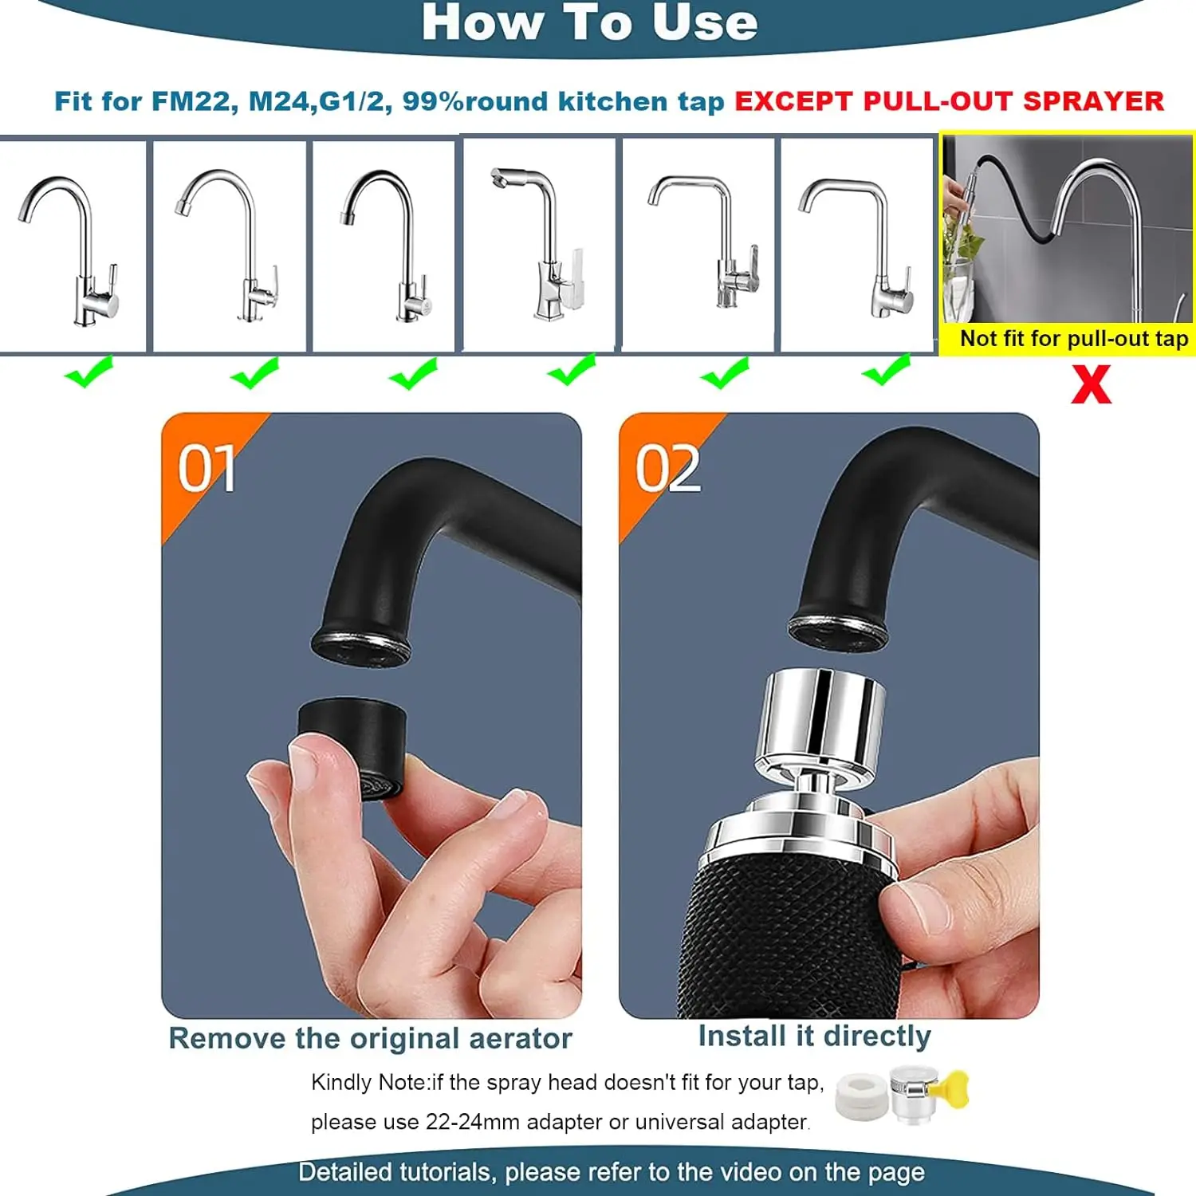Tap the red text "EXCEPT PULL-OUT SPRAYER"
(949, 101)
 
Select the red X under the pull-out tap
(1091, 385)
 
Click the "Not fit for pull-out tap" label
(1073, 339)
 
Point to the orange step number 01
(207, 469)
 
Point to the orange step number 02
(667, 469)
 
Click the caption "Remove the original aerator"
(370, 1038)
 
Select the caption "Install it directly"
(814, 1036)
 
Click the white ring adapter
(860, 1096)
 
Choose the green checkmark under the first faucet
(89, 372)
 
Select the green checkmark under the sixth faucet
(886, 371)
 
